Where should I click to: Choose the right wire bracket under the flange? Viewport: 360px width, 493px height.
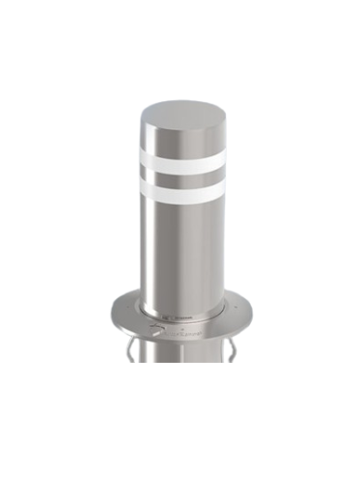232,348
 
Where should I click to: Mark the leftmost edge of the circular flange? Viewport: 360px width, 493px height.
110,311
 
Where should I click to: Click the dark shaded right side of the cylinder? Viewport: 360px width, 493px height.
220,241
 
